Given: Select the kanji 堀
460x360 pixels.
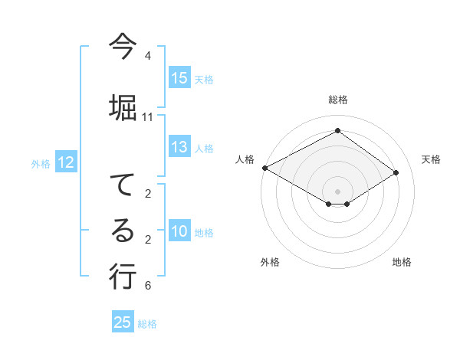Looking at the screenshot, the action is (x=123, y=106).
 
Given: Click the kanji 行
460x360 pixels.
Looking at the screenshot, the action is (x=123, y=276).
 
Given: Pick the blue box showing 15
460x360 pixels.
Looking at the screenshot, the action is (x=179, y=78).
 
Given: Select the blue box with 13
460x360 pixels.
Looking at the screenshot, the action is (x=179, y=148).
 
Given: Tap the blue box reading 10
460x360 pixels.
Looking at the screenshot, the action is (x=179, y=232).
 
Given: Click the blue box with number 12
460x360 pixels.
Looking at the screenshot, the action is (x=66, y=162).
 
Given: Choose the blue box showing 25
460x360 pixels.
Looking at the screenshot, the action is (x=123, y=322).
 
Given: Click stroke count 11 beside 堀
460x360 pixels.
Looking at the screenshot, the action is (x=148, y=117).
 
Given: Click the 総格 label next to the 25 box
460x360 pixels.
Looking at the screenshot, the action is (x=147, y=324).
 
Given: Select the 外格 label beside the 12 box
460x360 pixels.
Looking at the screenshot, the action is (x=40, y=163).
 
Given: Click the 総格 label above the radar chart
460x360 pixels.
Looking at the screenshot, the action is (x=337, y=100).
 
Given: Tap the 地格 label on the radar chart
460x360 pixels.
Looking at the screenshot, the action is (x=402, y=262).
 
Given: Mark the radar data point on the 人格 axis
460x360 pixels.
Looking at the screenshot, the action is (x=264, y=168).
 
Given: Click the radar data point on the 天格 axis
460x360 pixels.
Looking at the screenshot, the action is (x=396, y=172).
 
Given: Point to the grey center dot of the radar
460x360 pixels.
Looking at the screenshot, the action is (x=337, y=190).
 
